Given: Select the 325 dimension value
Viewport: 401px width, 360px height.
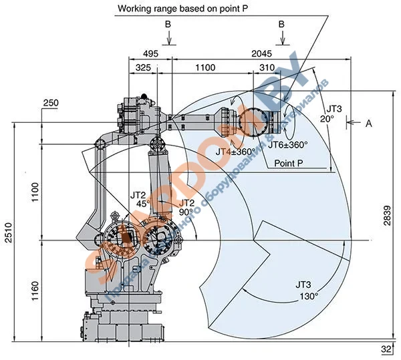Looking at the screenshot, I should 142,68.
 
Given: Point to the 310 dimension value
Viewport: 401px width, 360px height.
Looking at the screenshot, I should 267,68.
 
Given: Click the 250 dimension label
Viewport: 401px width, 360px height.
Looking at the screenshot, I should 51,103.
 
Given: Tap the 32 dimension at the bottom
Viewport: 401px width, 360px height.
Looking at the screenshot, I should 387,349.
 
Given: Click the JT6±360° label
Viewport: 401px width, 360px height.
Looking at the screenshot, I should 287,144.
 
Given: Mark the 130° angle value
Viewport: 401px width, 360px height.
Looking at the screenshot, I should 308,295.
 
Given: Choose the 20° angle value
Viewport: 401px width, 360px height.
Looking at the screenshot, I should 326,118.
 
